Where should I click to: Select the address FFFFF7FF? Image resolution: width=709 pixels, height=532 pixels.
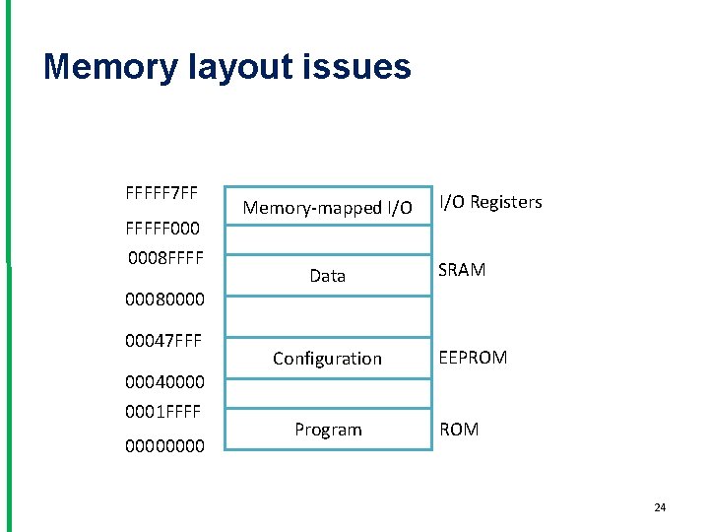[x=162, y=190]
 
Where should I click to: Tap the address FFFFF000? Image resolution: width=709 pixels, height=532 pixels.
[x=162, y=229]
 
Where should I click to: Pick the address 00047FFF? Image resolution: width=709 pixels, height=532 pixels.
[x=163, y=341]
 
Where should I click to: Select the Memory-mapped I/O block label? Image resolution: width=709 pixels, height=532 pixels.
[x=327, y=208]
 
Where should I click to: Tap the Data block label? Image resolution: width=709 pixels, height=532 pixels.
[x=327, y=277]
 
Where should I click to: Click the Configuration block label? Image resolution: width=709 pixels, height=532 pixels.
[x=327, y=359]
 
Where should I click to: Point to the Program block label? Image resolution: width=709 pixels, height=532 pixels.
[x=328, y=430]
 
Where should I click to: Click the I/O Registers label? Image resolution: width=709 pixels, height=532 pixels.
[x=490, y=202]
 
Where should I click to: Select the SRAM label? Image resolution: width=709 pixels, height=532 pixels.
[x=462, y=270]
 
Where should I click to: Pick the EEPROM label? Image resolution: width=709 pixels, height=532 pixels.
[x=473, y=358]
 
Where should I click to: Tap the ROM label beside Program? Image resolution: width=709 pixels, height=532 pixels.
[x=459, y=430]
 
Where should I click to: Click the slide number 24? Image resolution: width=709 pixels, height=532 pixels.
[x=660, y=507]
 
